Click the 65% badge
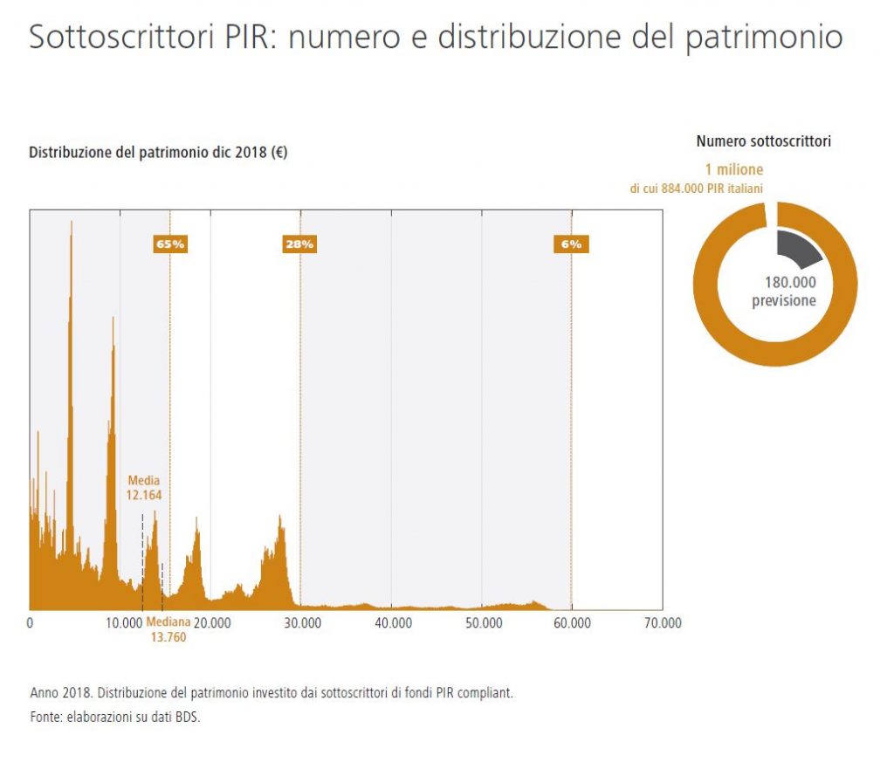[170, 244]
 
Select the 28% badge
[299, 244]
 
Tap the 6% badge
[571, 244]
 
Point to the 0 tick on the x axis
[31, 622]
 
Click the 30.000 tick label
[303, 622]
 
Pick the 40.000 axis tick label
[394, 622]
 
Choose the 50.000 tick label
[484, 622]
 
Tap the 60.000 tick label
[573, 622]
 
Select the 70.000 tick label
[664, 622]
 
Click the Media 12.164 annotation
[144, 488]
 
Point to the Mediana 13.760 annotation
[168, 629]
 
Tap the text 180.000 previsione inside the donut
[784, 292]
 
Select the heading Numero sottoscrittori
[763, 141]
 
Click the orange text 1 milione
[734, 169]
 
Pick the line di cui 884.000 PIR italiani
[696, 189]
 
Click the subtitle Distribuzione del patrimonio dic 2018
[158, 152]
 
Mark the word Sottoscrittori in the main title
[121, 36]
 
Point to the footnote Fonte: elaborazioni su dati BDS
[115, 717]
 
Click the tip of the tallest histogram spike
[72, 221]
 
